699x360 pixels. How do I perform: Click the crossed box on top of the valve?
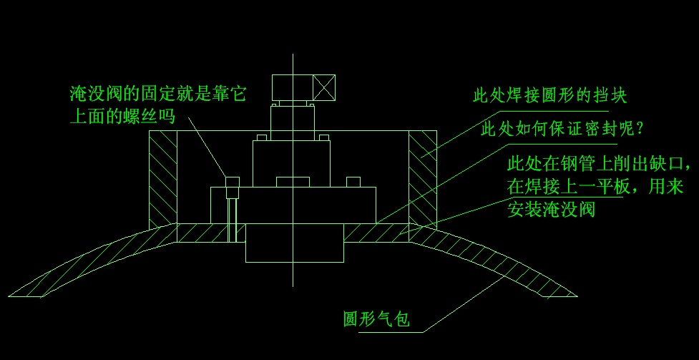coord(324,89)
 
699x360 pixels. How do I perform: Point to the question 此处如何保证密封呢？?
coord(564,130)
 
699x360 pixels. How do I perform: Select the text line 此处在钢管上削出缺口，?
coord(600,165)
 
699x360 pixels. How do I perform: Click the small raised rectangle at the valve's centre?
coord(293,182)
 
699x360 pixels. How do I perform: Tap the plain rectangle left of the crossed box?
coord(292,89)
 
